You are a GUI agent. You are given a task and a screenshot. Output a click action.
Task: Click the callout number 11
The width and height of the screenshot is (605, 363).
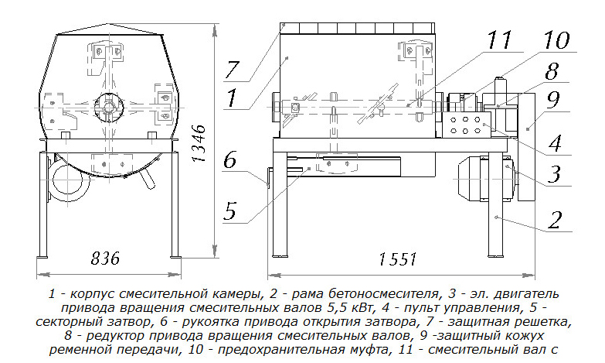499,40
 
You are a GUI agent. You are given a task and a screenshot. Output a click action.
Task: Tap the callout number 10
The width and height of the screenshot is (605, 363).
556,40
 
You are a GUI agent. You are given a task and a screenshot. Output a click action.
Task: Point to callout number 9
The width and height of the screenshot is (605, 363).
552,100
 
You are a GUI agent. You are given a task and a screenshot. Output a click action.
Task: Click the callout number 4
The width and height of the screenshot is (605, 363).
554,143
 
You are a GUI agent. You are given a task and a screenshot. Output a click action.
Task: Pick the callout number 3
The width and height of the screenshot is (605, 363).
554,174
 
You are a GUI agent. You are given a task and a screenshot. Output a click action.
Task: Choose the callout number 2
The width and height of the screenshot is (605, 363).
554,220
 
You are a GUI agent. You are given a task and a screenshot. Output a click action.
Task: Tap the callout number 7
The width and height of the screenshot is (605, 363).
233,70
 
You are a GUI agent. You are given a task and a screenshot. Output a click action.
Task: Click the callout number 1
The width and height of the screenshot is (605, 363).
232,98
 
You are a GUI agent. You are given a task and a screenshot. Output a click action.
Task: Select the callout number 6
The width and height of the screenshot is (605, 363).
230,159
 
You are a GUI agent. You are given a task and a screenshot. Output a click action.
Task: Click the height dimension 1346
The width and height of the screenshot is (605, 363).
199,144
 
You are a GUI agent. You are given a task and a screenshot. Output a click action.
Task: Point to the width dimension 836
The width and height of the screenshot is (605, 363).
105,258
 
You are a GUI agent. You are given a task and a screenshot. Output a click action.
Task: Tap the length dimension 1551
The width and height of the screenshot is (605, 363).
398,259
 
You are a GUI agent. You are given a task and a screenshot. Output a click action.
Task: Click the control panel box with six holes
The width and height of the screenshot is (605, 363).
466,125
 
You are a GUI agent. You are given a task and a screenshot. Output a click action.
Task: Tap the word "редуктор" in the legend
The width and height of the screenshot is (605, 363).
115,336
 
